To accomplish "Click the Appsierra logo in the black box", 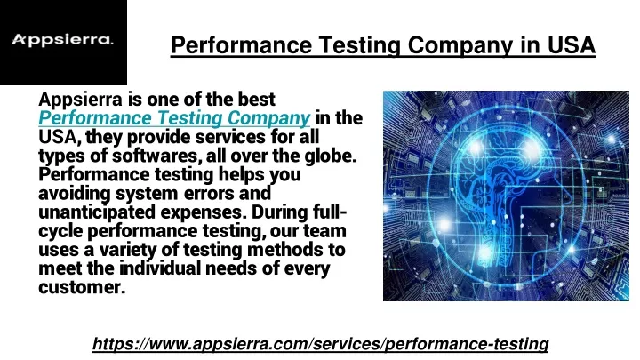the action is (x=62, y=40).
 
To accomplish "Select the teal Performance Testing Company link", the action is (x=174, y=118).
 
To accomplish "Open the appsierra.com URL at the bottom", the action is (x=320, y=344).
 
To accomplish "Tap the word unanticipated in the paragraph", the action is (x=97, y=212).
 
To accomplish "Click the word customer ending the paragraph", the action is (x=81, y=287).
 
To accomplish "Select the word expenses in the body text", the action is (x=203, y=212).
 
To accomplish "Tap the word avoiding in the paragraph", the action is (x=75, y=194).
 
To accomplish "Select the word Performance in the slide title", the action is (x=241, y=45).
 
